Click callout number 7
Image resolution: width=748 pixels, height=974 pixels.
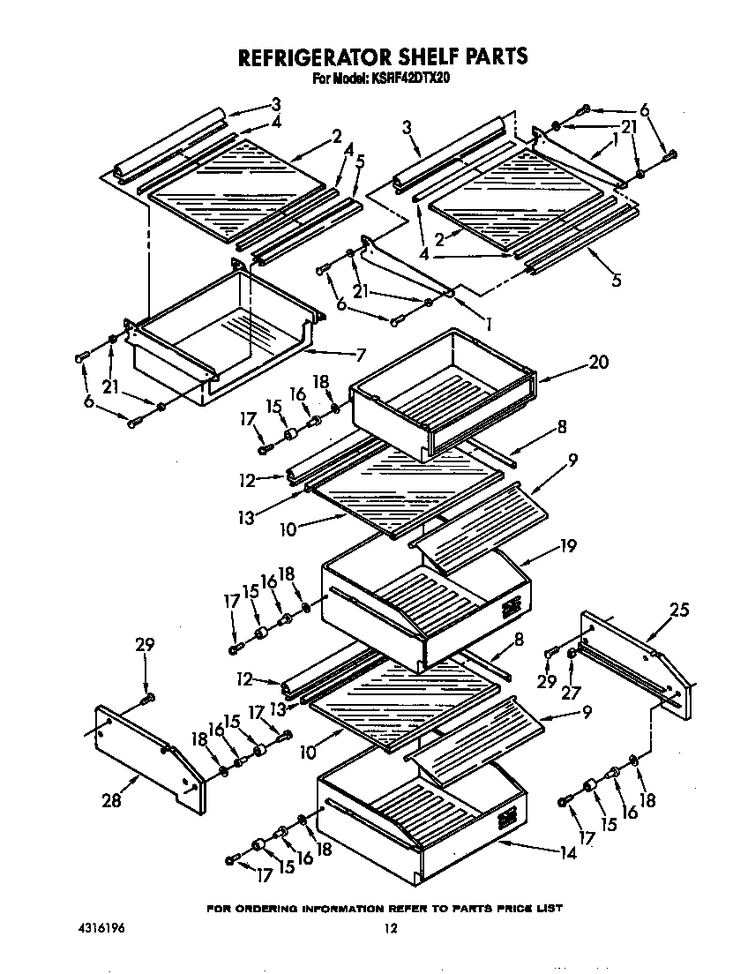(360, 355)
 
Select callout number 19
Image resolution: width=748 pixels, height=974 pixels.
(567, 547)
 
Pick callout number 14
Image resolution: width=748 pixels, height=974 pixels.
(568, 853)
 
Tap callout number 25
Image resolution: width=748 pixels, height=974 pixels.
(678, 610)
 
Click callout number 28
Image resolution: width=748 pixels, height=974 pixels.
(110, 799)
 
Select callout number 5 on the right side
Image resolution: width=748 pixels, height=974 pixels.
(617, 281)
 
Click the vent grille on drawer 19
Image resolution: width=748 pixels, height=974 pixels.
(511, 608)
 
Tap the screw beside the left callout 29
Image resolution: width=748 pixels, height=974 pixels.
(146, 700)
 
